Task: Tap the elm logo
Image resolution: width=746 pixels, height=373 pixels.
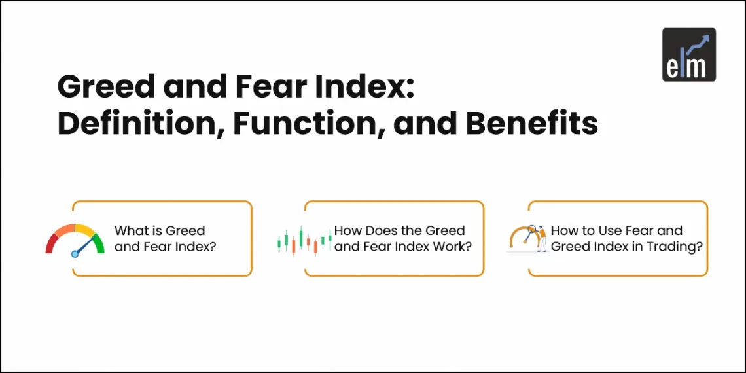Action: point(688,54)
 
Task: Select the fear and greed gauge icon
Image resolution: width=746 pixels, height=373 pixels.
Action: point(75,240)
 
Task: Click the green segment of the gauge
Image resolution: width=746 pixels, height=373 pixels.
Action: point(98,243)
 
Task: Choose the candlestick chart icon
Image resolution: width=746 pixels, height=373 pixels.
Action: point(302,241)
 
